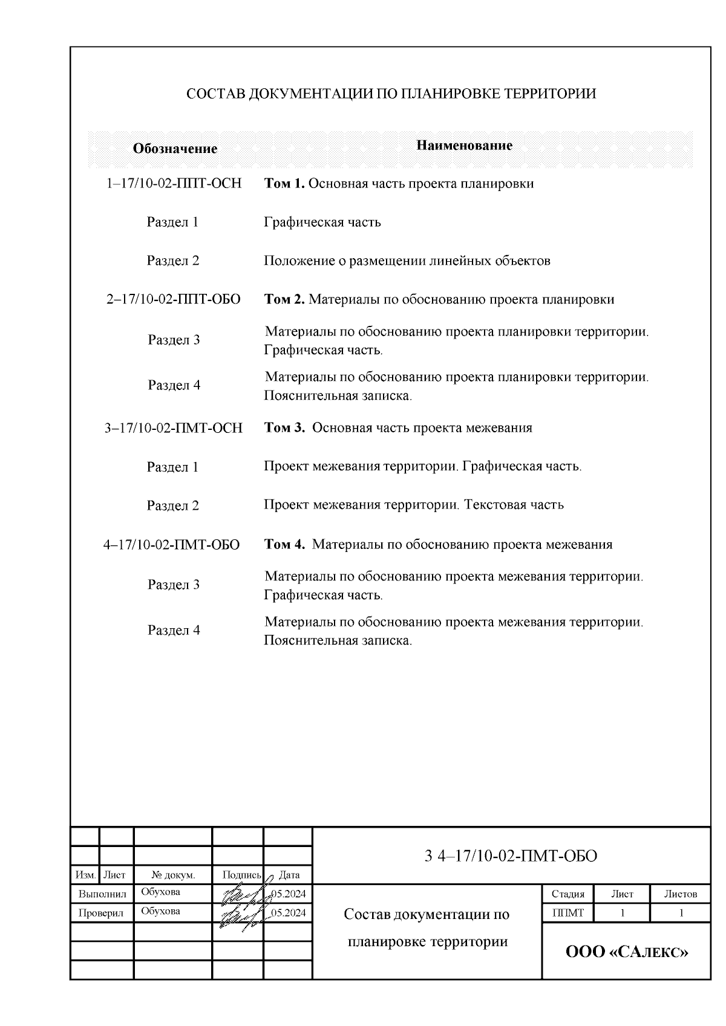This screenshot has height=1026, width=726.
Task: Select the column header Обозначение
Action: coord(175,149)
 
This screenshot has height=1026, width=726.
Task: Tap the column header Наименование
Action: coord(465,145)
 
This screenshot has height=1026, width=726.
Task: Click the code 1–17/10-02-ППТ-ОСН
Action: coord(174,184)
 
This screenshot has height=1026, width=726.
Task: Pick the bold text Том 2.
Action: coord(284,300)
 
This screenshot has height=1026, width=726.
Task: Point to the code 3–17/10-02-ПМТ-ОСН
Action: coord(174,428)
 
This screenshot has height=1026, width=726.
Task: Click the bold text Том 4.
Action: coord(285,545)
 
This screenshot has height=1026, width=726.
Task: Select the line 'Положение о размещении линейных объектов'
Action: coord(407,261)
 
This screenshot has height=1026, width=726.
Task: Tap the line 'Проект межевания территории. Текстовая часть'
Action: coord(413,505)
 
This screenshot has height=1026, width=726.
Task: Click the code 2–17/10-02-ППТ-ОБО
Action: coord(173,300)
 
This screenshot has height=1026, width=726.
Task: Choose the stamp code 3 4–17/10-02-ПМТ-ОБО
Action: coord(511,856)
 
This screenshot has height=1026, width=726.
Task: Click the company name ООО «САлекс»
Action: coord(627,952)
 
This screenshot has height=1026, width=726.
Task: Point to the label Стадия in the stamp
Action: coord(567,894)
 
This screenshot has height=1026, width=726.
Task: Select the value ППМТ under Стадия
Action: coord(567,913)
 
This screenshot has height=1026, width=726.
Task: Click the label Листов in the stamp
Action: coord(681,894)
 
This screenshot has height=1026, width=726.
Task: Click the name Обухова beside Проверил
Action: coord(160,911)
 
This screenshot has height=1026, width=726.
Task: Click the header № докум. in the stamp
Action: coord(173,875)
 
